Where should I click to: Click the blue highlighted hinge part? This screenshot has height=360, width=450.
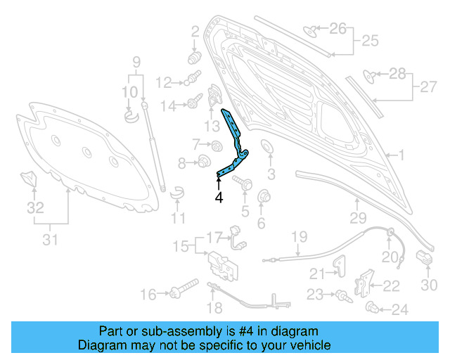[234, 143]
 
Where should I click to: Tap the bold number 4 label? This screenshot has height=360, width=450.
[219, 198]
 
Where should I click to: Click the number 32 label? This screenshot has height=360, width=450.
[35, 208]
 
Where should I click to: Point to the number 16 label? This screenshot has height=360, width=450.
[149, 294]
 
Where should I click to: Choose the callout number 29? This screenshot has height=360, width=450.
[359, 218]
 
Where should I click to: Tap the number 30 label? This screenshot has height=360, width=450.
[429, 284]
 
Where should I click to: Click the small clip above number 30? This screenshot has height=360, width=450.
[424, 257]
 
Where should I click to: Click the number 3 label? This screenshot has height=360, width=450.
[271, 174]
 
